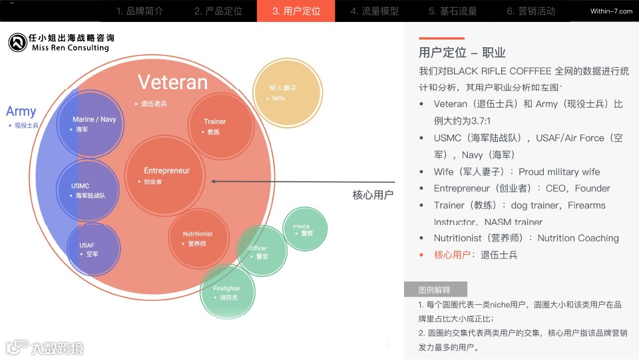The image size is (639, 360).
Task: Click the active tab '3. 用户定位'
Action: coord(296,11)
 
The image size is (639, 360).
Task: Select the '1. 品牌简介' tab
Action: coord(140,11)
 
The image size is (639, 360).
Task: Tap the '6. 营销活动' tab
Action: coord(531,11)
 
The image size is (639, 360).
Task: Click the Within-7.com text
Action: coord(611,11)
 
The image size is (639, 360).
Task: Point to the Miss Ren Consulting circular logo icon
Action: coord(17,43)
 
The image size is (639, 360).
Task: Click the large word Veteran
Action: coord(172,82)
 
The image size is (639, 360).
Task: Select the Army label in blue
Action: coord(21,111)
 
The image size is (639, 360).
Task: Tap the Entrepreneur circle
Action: coord(166,175)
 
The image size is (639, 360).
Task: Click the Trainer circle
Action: coord(214,126)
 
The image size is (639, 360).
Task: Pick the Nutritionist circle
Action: coord(198,238)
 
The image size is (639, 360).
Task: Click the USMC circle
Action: coord(89,190)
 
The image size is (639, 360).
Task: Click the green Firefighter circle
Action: coord(227,292)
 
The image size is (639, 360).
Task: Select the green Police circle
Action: coord(304,230)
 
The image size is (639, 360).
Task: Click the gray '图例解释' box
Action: coord(435,289)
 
